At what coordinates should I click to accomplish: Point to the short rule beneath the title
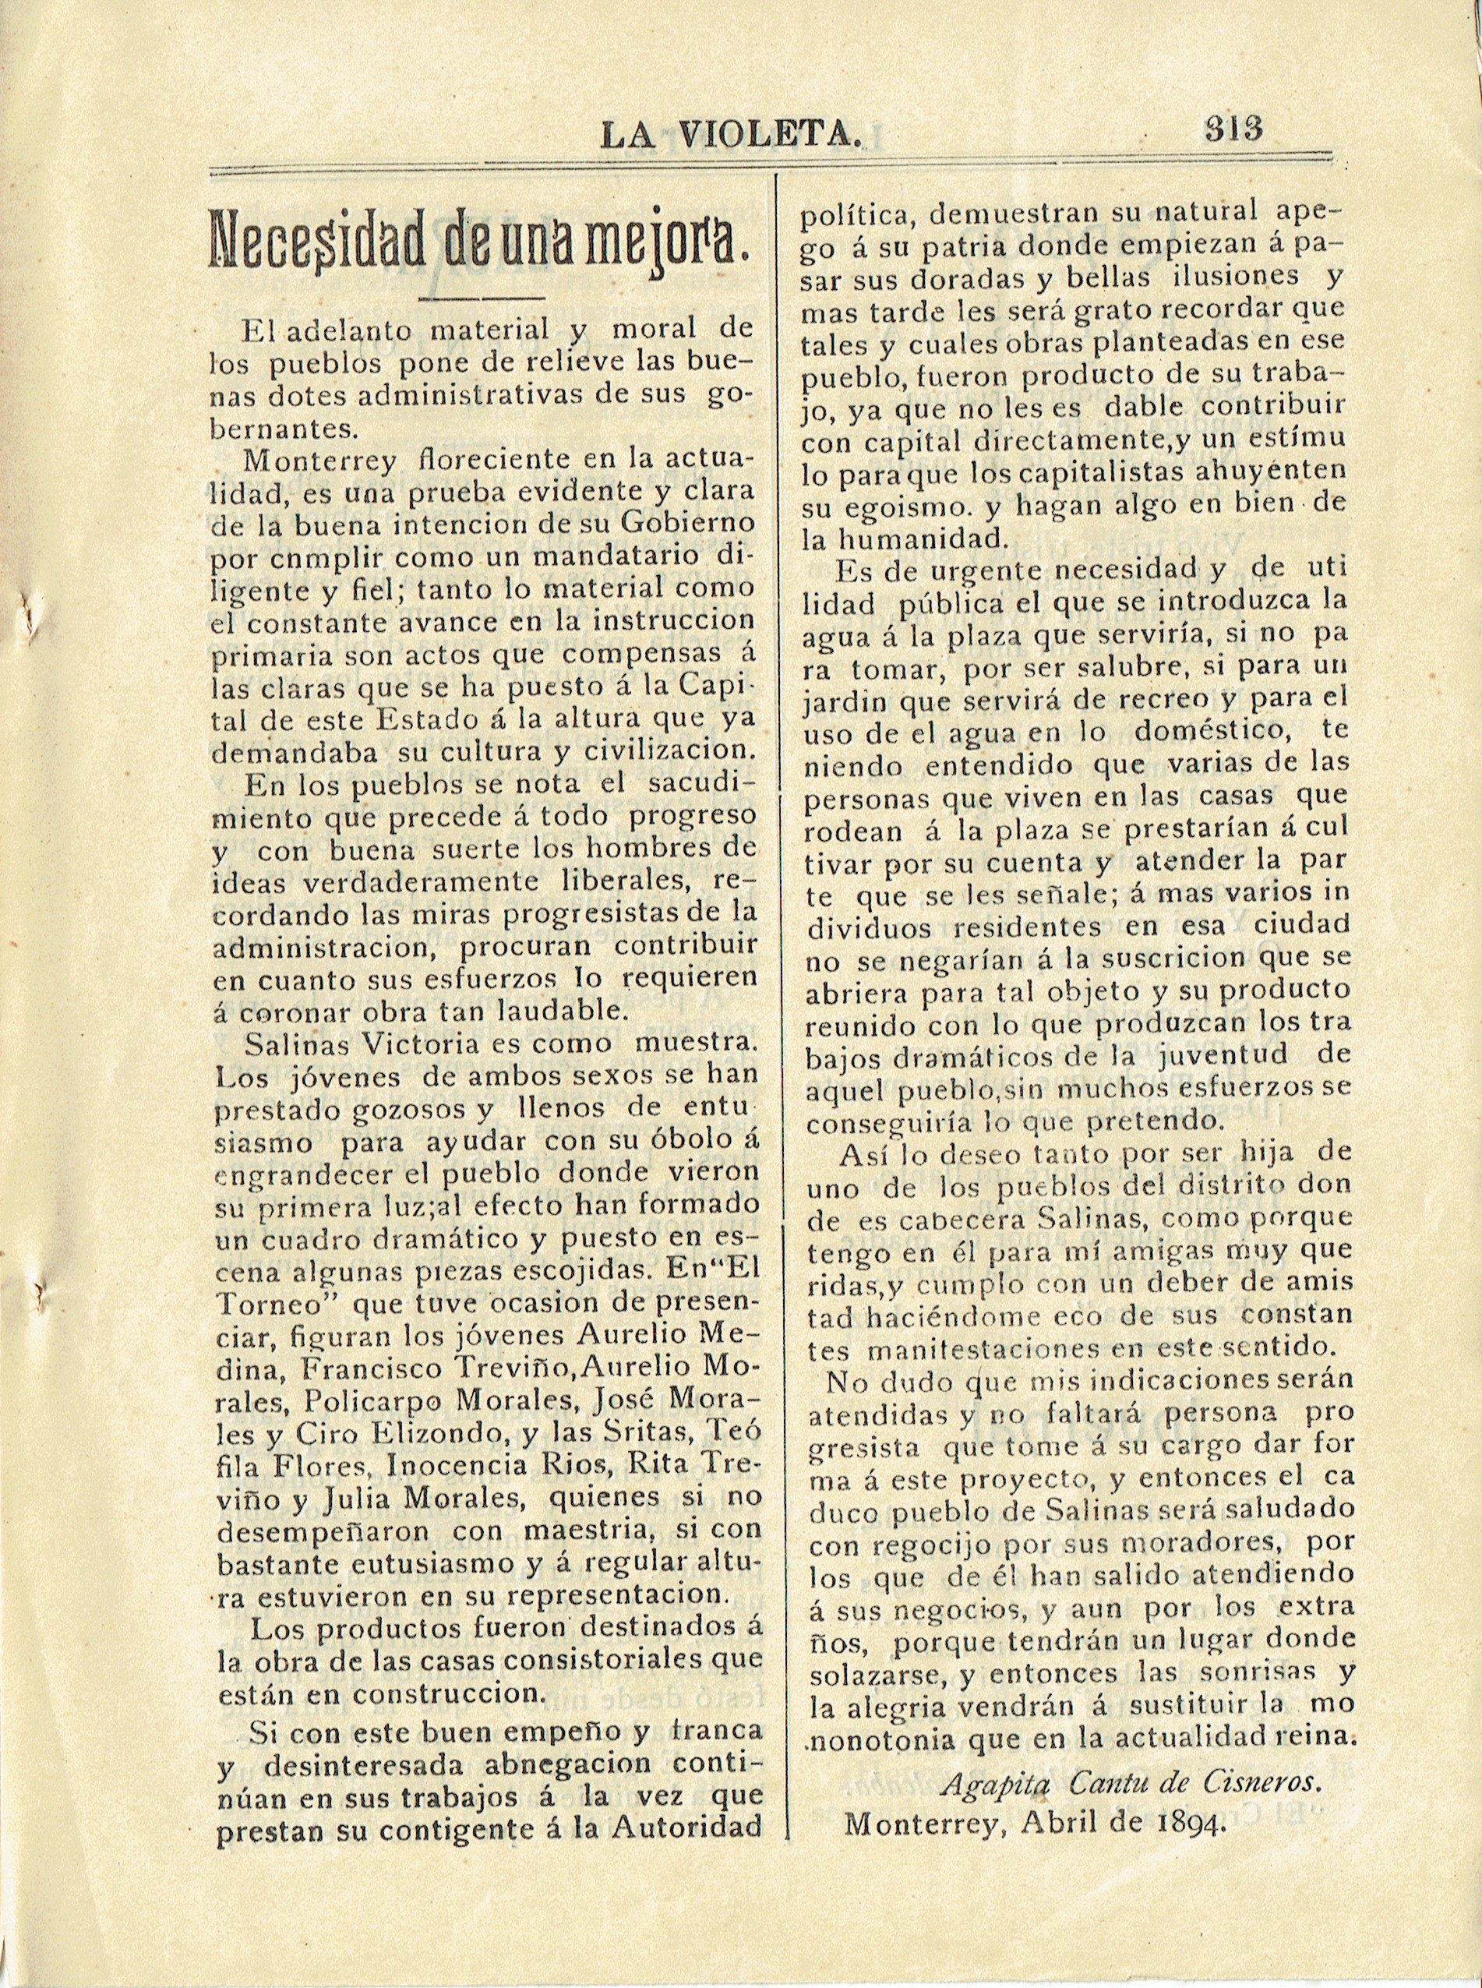pyautogui.click(x=482, y=297)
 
